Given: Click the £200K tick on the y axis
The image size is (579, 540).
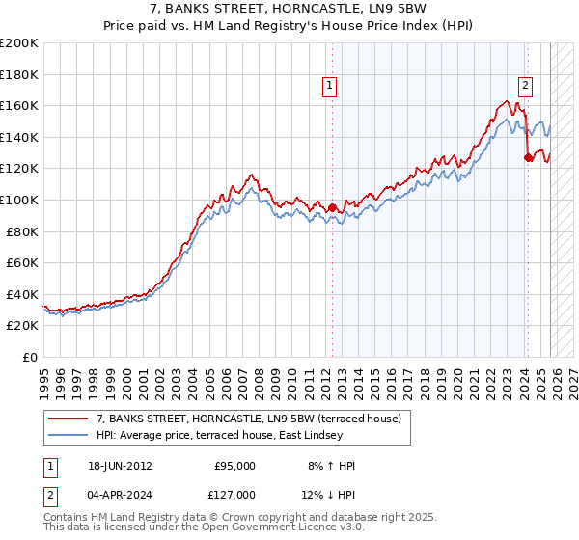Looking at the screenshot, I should (x=19, y=43).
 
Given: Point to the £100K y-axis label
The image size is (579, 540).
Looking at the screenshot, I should (x=19, y=200).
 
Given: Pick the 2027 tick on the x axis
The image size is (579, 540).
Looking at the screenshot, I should (x=574, y=375).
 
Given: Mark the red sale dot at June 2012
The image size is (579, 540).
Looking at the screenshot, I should (x=333, y=207).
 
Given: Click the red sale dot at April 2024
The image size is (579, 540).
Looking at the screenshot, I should (x=528, y=158).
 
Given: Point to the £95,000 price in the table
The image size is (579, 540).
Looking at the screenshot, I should (x=234, y=465).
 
